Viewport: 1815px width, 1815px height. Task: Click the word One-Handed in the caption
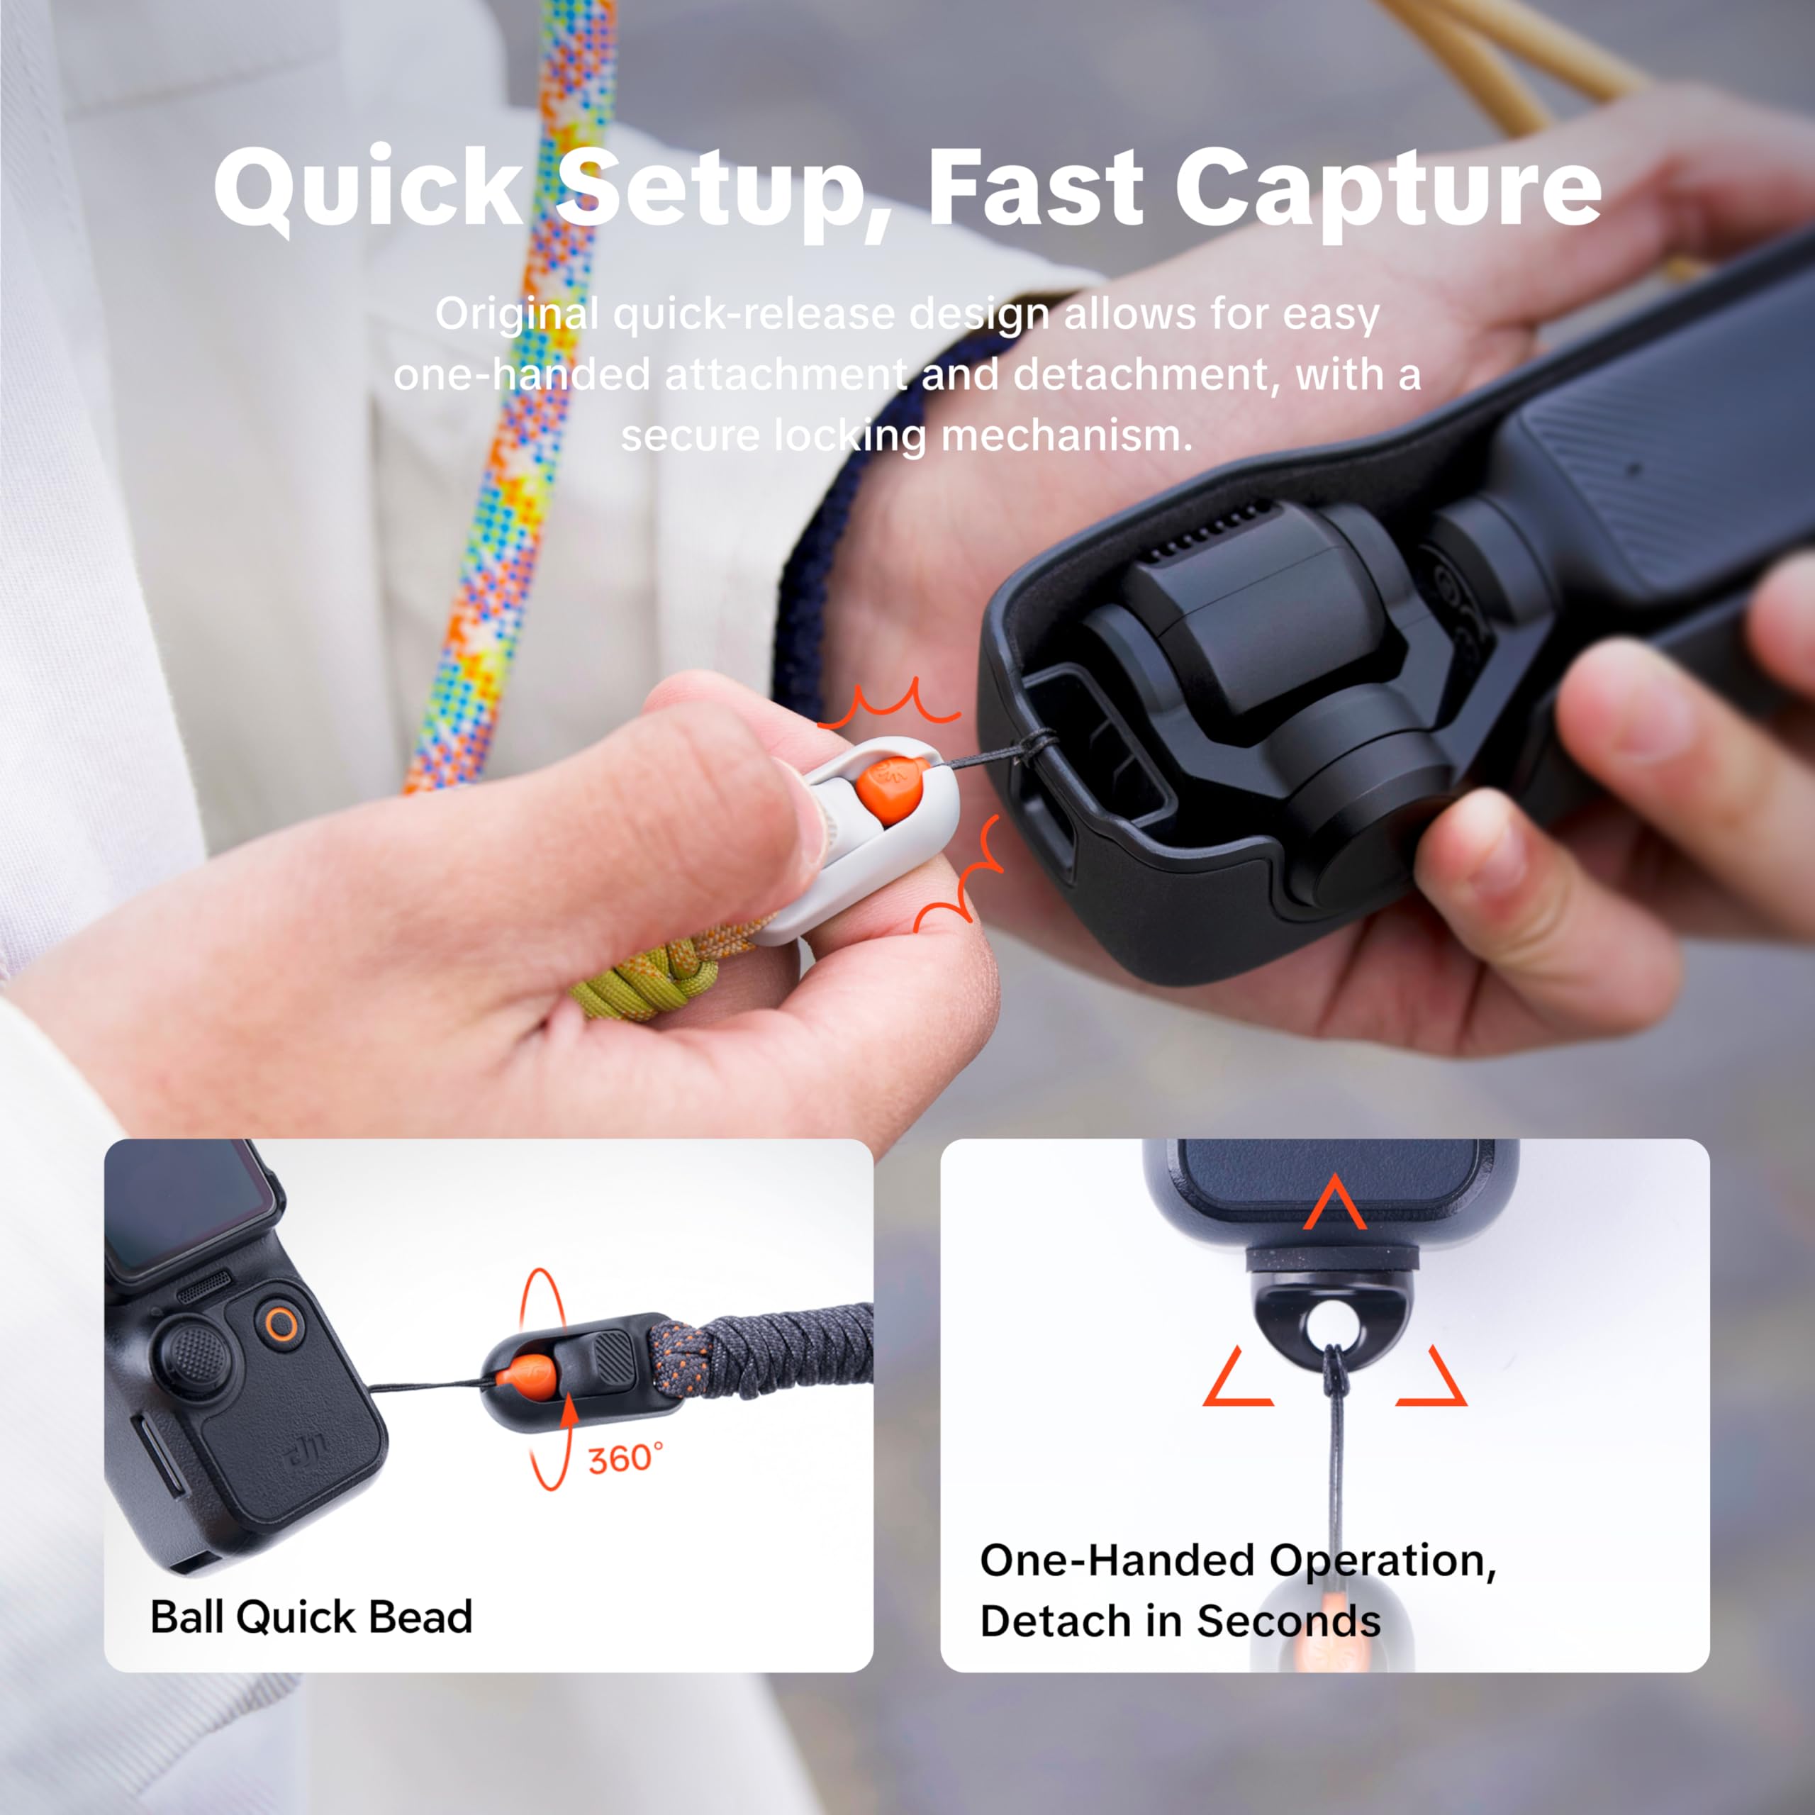pos(1118,1560)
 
